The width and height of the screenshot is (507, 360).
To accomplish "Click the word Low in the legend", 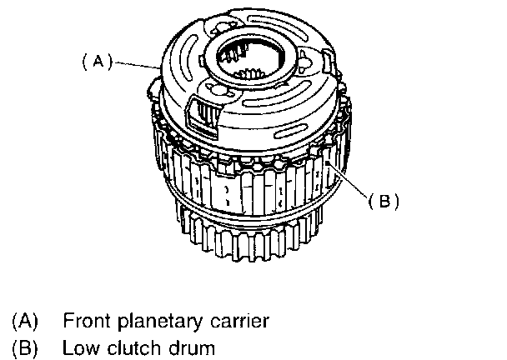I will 78,347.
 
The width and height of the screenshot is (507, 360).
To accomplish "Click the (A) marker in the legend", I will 25,320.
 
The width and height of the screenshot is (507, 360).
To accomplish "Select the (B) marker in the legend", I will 25,347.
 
